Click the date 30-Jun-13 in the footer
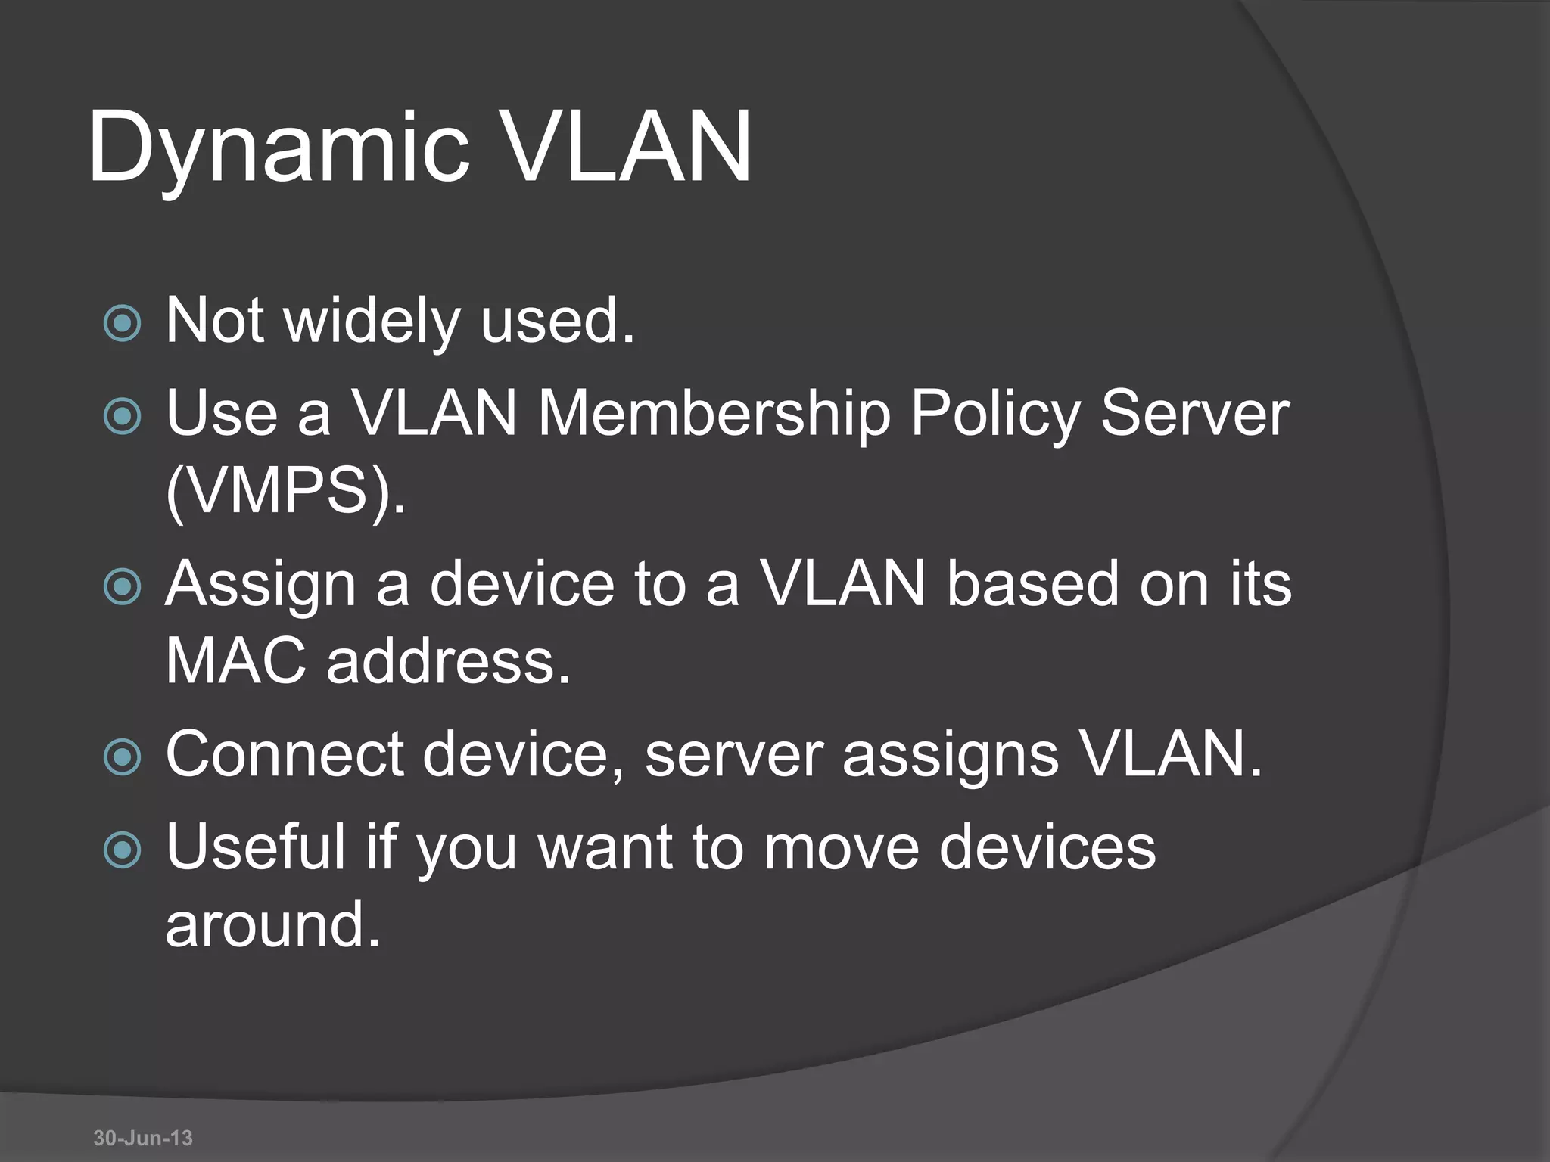point(143,1137)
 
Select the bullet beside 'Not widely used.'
point(122,323)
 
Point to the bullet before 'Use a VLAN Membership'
point(122,415)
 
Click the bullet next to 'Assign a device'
point(122,586)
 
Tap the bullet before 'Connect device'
point(122,757)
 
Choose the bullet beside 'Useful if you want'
point(122,849)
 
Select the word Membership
point(714,414)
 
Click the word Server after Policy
point(1194,414)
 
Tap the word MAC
point(235,660)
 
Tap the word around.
point(272,924)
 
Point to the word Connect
point(285,754)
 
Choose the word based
point(1032,584)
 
